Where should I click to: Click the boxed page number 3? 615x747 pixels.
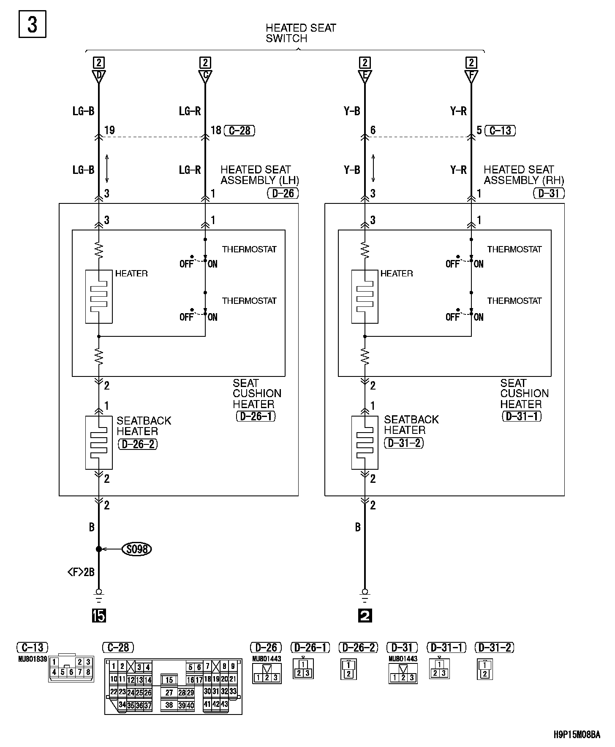(32, 25)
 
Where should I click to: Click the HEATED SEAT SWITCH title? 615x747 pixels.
(300, 33)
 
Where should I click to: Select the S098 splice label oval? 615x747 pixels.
(136, 549)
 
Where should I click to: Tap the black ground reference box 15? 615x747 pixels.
(98, 616)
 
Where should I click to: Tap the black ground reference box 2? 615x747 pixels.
(365, 616)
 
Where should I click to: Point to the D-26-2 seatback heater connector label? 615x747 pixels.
(138, 444)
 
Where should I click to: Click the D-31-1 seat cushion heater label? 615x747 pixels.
(522, 416)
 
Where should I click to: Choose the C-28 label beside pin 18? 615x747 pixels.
(239, 130)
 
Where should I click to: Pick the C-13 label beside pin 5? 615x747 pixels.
(500, 130)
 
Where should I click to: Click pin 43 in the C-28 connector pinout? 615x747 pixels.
(224, 704)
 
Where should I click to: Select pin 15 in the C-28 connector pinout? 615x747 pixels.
(169, 680)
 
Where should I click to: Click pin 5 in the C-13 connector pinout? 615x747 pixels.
(63, 672)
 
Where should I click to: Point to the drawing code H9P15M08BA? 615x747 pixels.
(577, 735)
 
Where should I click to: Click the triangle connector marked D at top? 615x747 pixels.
(98, 76)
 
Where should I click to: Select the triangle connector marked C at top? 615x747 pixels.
(205, 76)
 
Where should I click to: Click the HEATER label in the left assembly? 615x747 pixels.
(131, 273)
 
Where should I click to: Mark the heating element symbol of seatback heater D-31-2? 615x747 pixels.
(365, 443)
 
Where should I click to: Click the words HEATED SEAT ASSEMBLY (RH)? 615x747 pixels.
(523, 175)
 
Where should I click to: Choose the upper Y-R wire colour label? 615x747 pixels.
(458, 111)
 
